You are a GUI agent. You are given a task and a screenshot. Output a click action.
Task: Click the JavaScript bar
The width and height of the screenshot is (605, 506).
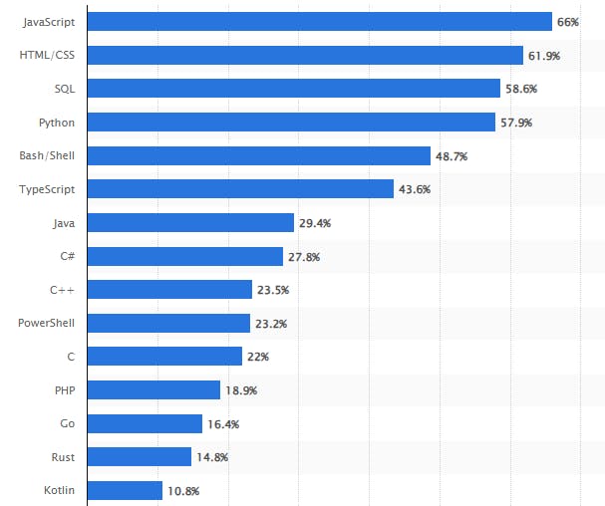(320, 22)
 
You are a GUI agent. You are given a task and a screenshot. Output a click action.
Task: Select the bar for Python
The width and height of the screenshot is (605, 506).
(292, 123)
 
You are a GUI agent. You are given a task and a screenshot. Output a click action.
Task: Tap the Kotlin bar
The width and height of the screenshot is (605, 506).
(126, 490)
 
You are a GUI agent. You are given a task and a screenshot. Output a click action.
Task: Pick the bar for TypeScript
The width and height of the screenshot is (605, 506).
(241, 189)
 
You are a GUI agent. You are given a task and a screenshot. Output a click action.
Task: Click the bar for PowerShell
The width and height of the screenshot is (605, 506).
(169, 323)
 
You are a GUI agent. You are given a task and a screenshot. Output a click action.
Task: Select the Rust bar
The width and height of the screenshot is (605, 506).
(140, 456)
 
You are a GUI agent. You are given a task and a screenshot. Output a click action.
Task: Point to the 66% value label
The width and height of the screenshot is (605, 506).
(568, 22)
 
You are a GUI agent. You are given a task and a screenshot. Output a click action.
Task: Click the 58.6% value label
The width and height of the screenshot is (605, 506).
(521, 89)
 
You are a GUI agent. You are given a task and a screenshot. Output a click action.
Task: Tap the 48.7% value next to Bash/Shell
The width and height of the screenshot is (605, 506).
(452, 156)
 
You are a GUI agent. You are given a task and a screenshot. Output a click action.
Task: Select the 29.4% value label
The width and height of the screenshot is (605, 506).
(315, 223)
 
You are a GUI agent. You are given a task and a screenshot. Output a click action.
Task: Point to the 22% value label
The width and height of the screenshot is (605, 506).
(258, 357)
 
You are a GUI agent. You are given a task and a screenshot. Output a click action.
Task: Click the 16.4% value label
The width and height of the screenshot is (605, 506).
(222, 423)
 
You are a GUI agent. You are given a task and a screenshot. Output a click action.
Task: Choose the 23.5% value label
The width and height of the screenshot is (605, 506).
(273, 290)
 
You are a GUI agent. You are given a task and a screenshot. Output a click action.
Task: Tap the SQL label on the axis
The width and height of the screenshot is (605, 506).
(64, 89)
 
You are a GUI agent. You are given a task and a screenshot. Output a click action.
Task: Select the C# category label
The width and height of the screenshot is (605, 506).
(67, 256)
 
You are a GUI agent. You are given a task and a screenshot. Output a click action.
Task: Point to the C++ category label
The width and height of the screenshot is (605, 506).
(62, 290)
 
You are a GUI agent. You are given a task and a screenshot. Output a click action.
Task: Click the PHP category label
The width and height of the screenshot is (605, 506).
(64, 389)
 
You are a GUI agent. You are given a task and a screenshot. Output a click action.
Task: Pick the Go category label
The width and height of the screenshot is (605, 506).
(67, 423)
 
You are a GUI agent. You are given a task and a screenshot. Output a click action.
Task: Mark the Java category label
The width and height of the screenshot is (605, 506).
(63, 223)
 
